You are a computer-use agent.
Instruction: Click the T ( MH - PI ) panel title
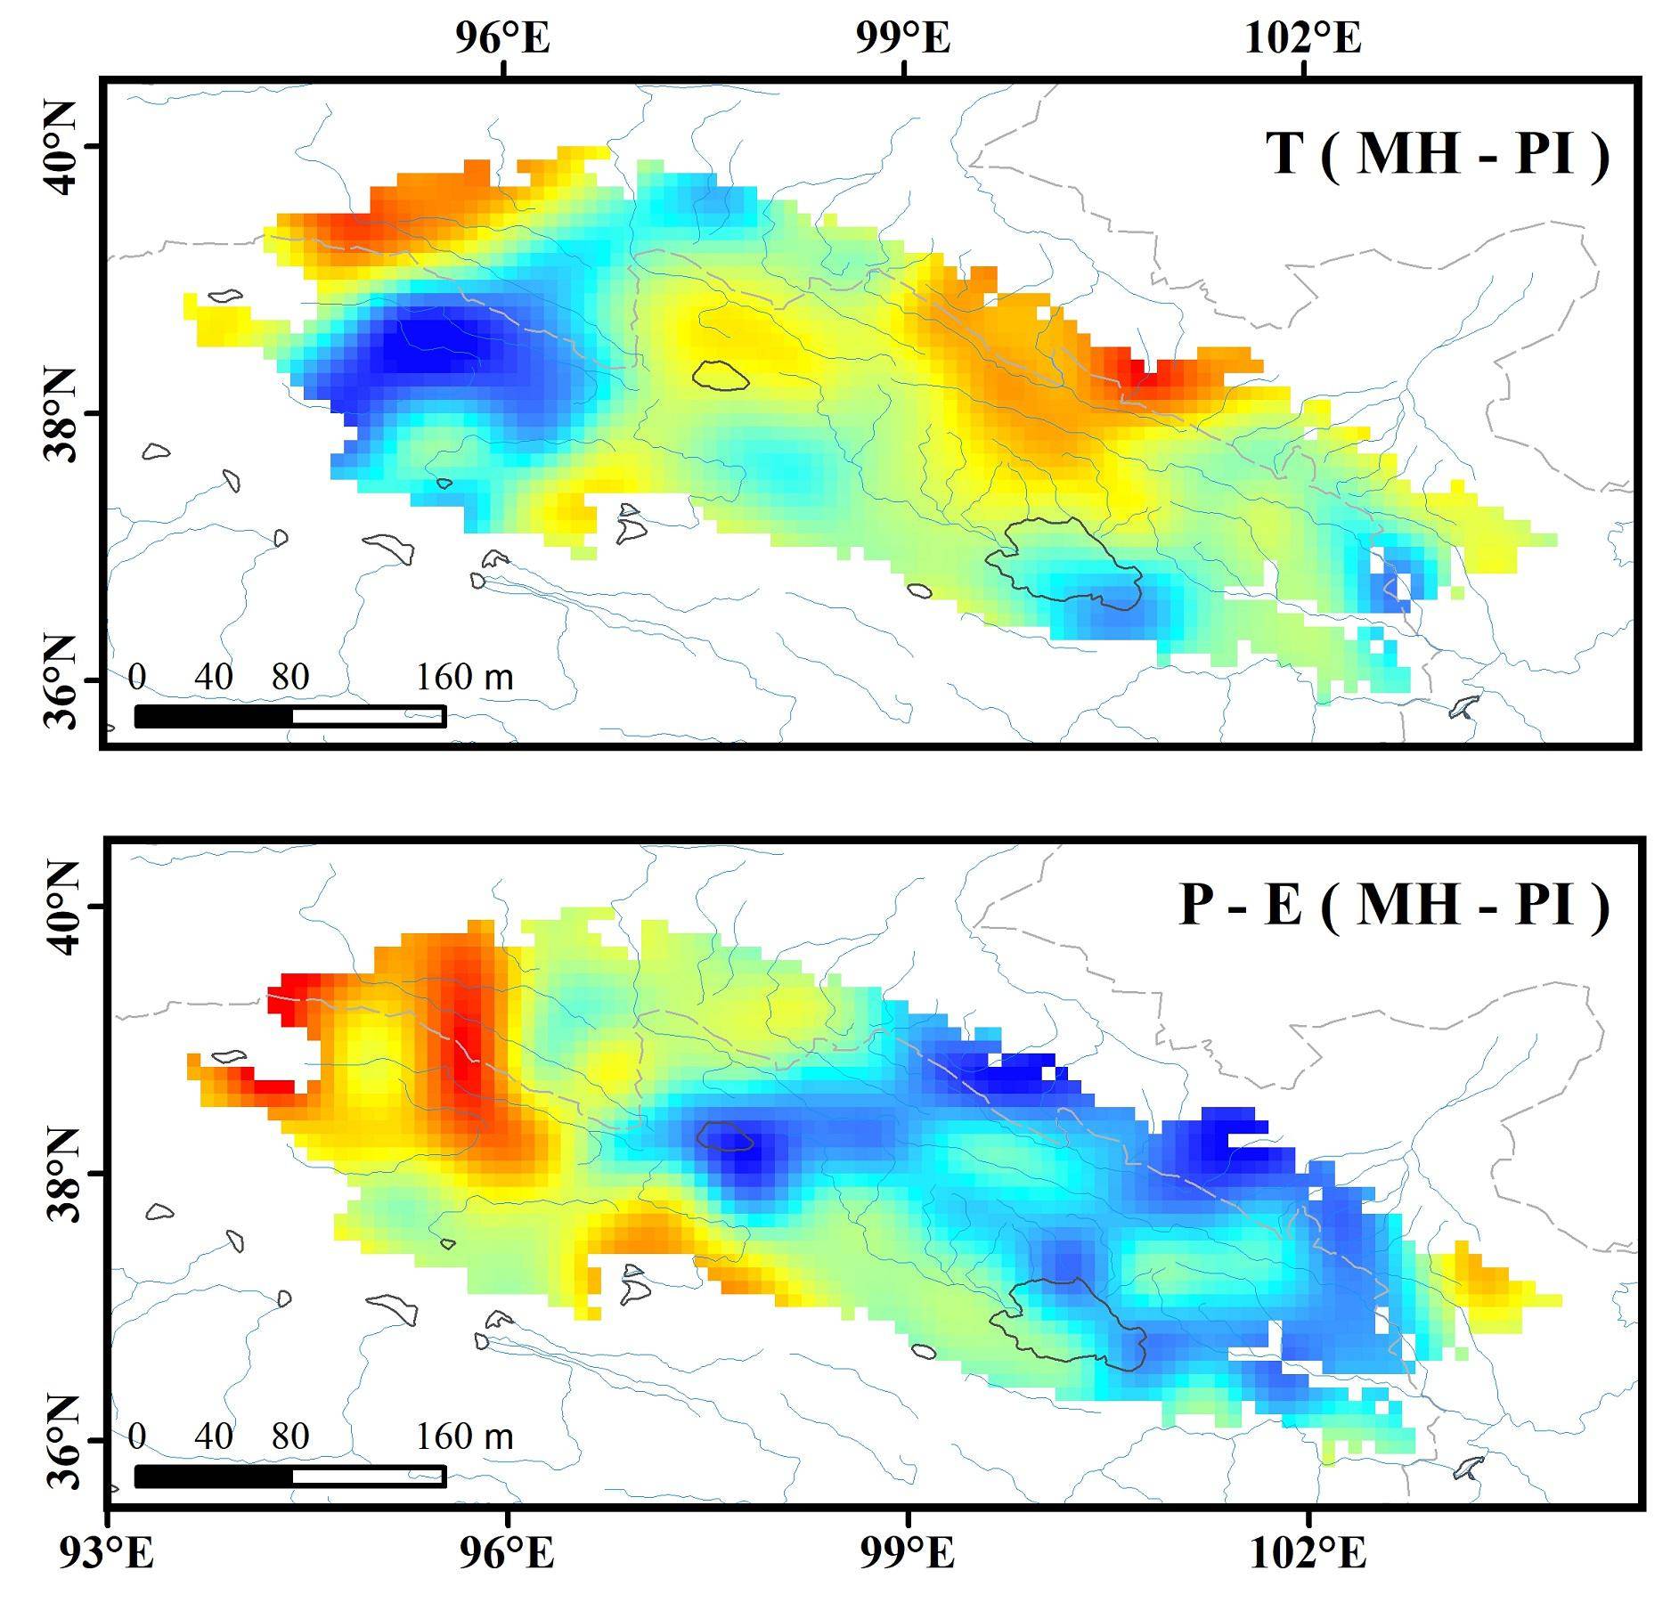click(1437, 153)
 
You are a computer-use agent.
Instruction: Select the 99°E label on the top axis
click(903, 39)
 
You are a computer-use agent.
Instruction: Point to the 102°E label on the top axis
click(1302, 39)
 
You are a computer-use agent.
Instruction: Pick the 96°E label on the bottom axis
click(507, 1553)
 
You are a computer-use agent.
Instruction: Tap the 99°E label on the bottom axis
click(908, 1553)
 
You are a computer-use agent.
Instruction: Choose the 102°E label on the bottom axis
click(1308, 1553)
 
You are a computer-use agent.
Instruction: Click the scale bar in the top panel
click(289, 716)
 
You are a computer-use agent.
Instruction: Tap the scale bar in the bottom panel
click(289, 1477)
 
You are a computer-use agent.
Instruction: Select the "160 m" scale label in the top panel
click(464, 678)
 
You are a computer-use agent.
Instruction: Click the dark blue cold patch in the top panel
click(428, 352)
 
